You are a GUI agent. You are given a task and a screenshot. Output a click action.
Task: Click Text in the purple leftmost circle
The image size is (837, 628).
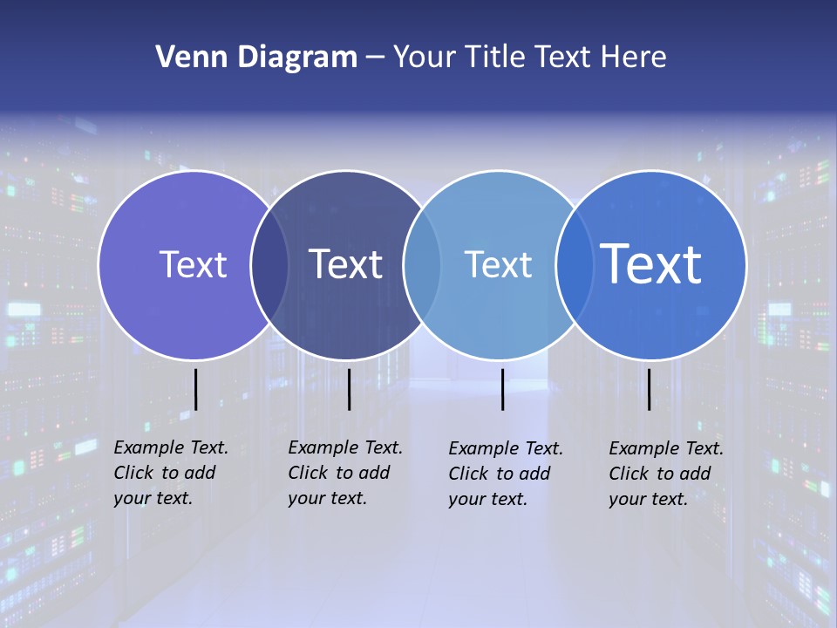coord(193,264)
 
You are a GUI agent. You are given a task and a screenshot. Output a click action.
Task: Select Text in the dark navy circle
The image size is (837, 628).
coord(345,264)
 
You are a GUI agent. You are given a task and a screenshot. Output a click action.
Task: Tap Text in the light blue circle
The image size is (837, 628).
coord(498,264)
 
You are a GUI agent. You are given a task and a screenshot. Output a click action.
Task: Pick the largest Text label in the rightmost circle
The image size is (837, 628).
coord(651,263)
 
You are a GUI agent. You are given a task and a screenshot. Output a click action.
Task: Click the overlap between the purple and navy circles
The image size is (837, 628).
coord(269,265)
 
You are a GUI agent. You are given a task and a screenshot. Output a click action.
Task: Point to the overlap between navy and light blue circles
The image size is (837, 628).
coord(422,265)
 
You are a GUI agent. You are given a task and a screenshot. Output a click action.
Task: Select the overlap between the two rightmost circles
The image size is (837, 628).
coord(575,265)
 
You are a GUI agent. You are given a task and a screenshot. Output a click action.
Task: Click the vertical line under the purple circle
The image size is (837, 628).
coord(196,389)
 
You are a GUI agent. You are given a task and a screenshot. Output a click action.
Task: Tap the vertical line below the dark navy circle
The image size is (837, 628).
coord(349,389)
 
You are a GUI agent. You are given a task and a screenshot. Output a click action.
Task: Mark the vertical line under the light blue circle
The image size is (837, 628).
coord(502,389)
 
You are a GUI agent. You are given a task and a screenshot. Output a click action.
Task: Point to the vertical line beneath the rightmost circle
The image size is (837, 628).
coord(650,389)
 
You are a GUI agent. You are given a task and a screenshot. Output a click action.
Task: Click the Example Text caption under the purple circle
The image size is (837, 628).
coord(170,473)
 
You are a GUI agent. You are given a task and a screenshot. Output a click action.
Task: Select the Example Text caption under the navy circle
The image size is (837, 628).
coord(344,473)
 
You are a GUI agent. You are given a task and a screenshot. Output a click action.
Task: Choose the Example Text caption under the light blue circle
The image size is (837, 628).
coord(505,474)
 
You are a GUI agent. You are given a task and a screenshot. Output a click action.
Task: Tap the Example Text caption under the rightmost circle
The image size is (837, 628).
coord(665,474)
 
